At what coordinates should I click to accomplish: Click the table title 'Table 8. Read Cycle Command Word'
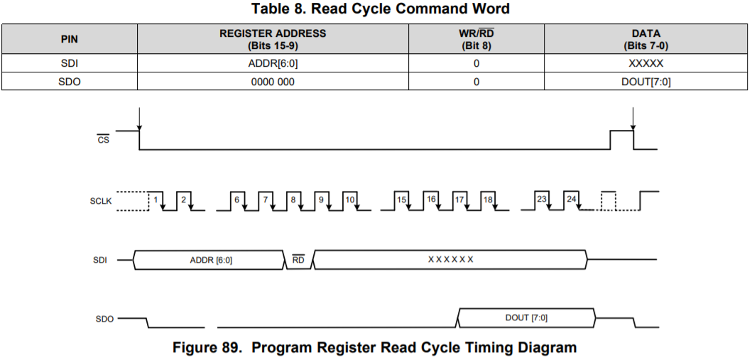click(380, 9)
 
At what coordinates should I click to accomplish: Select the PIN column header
click(70, 39)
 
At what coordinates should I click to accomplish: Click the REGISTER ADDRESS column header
click(273, 39)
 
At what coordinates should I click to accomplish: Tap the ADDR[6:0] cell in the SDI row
click(273, 63)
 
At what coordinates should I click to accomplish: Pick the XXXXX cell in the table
click(645, 63)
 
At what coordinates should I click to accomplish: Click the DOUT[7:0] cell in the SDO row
click(645, 82)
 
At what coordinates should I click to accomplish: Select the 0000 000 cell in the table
click(273, 82)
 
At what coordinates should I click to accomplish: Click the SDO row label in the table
click(70, 82)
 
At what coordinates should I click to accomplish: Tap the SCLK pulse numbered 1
click(154, 200)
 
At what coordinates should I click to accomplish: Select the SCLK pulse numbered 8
click(293, 200)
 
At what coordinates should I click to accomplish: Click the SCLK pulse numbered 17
click(459, 200)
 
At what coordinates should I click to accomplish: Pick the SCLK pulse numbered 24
click(571, 200)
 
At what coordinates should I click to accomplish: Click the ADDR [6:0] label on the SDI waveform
click(211, 260)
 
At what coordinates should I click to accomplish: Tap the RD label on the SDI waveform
click(298, 260)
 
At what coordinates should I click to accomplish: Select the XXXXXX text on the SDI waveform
click(450, 259)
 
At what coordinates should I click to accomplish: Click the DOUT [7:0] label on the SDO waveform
click(526, 317)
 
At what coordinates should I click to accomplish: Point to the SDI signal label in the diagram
click(100, 260)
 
